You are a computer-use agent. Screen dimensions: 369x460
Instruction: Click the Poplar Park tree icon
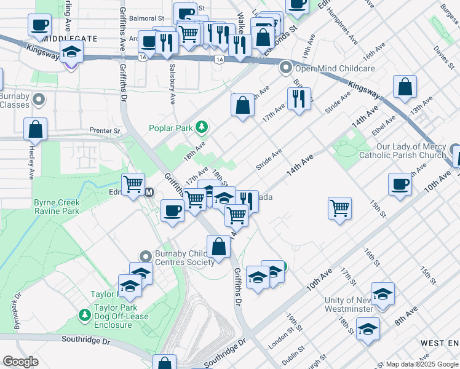pyautogui.click(x=201, y=128)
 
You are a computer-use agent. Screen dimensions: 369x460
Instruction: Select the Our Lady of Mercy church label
pyautogui.click(x=411, y=151)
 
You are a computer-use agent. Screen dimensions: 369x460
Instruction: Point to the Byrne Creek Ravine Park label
pyautogui.click(x=57, y=207)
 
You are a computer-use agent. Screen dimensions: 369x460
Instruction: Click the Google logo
pyautogui.click(x=20, y=362)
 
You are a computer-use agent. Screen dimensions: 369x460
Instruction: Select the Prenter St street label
pyautogui.click(x=104, y=131)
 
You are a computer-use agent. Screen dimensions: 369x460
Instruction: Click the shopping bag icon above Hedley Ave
pyautogui.click(x=36, y=130)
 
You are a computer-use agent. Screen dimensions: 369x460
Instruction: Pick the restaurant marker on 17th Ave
pyautogui.click(x=299, y=98)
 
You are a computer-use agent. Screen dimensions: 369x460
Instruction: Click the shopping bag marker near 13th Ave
pyautogui.click(x=405, y=88)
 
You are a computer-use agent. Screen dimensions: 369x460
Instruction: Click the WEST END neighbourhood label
pyautogui.click(x=439, y=342)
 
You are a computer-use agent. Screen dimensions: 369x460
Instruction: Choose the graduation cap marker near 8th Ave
pyautogui.click(x=368, y=329)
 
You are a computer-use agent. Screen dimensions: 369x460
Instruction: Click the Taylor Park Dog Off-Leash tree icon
pyautogui.click(x=85, y=315)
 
